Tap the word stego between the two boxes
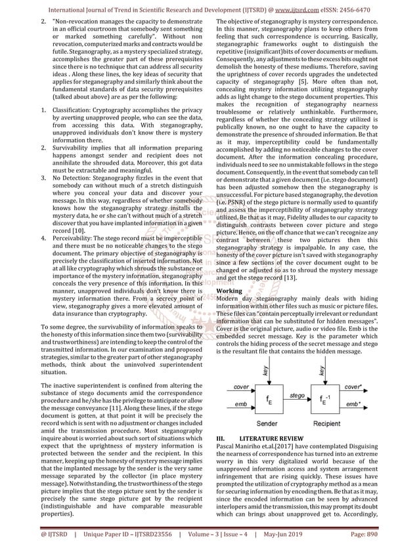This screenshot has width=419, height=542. click(x=298, y=396)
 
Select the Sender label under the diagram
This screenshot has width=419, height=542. click(x=269, y=424)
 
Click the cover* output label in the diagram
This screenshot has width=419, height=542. click(x=371, y=387)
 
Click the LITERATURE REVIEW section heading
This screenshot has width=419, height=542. click(x=270, y=438)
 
